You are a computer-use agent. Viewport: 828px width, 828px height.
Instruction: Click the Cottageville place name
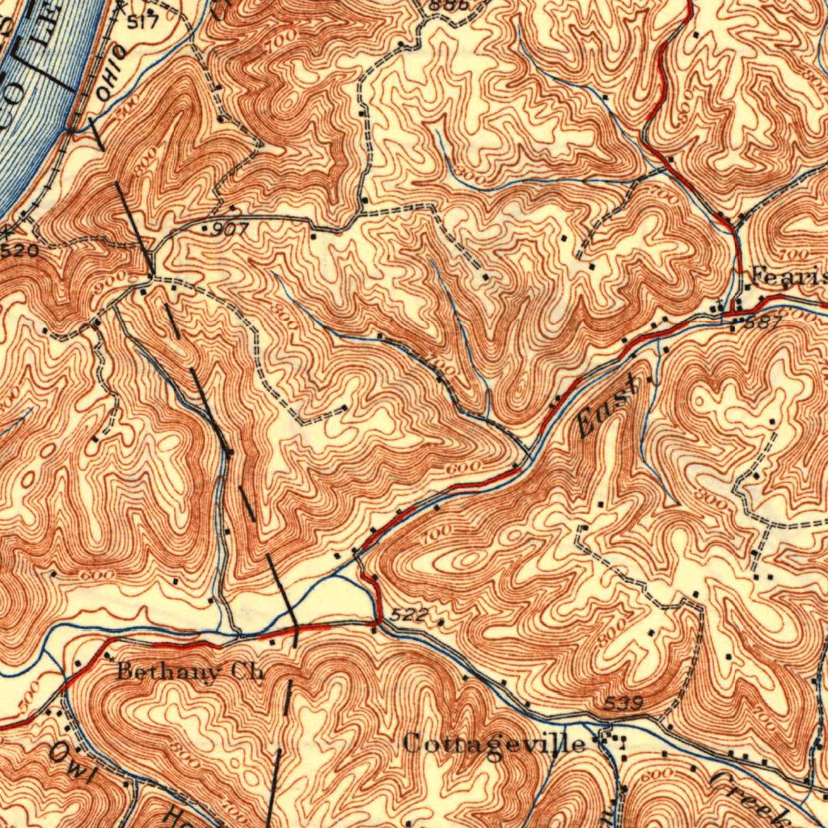point(493,743)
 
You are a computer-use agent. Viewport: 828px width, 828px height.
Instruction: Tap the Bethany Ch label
point(190,671)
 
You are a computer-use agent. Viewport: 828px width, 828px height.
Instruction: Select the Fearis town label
point(788,276)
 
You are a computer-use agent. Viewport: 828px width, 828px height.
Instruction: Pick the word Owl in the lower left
point(74,763)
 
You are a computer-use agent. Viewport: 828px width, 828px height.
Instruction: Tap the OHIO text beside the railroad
point(111,73)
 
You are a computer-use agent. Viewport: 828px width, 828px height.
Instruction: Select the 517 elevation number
point(142,22)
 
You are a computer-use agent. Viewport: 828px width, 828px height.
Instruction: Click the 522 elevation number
point(408,615)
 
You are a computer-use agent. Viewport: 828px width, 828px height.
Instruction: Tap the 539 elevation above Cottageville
point(623,704)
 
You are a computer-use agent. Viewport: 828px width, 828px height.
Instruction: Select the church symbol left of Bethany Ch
point(108,656)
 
